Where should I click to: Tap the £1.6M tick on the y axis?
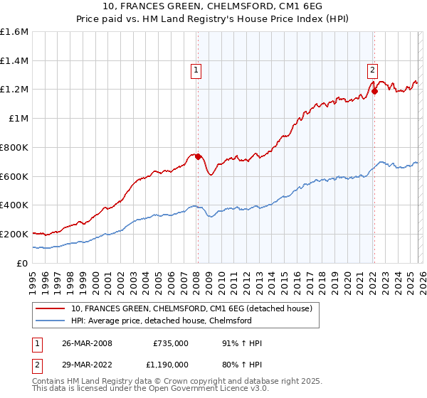point(14,32)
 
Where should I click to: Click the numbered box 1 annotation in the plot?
point(196,70)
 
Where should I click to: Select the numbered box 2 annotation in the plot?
point(372,70)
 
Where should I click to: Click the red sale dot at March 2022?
point(374,91)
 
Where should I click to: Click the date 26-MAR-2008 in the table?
point(87,343)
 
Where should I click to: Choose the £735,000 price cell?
point(170,343)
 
